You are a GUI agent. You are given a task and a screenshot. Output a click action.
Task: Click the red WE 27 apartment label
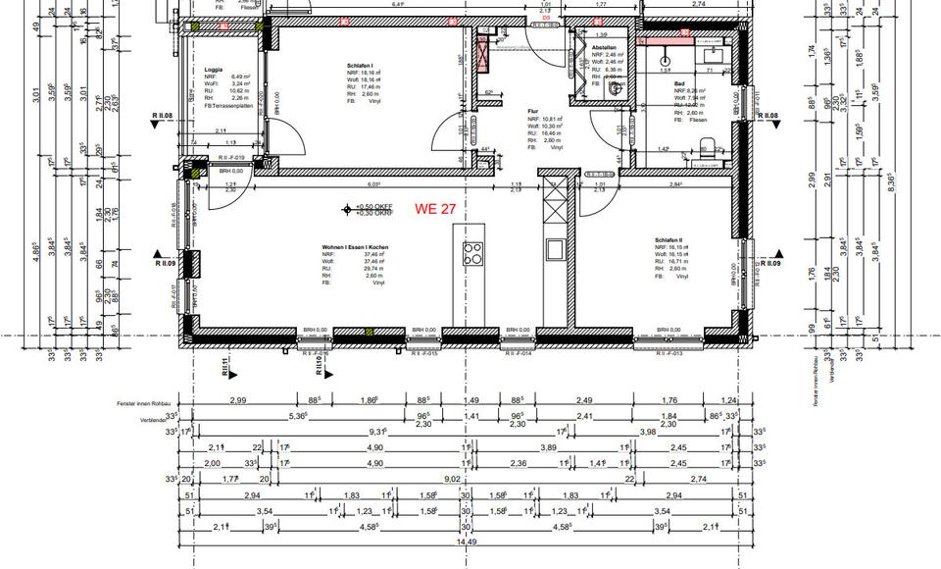pyautogui.click(x=436, y=209)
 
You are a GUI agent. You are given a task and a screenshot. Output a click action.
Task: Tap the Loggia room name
pyautogui.click(x=213, y=71)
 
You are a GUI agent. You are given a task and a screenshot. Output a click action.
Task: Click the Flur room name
pyautogui.click(x=533, y=112)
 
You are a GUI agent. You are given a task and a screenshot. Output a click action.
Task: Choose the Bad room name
pyautogui.click(x=678, y=84)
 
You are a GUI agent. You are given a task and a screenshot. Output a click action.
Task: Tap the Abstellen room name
pyautogui.click(x=603, y=47)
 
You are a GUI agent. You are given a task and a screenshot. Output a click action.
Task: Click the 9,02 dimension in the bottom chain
pyautogui.click(x=453, y=479)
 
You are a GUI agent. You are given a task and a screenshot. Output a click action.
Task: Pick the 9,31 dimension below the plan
pyautogui.click(x=377, y=432)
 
